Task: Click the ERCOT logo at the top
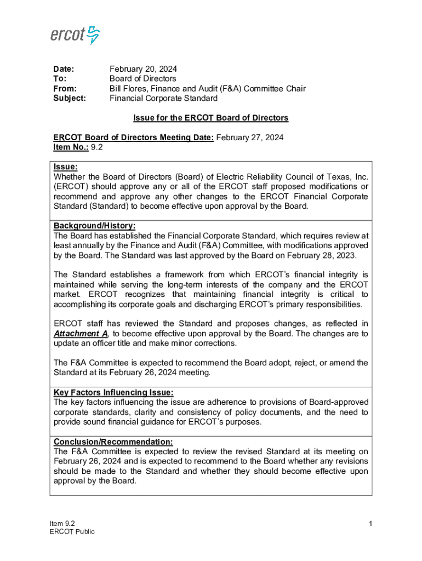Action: pyautogui.click(x=76, y=35)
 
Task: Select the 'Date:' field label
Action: pyautogui.click(x=63, y=69)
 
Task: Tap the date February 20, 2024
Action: pyautogui.click(x=143, y=69)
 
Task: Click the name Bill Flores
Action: pyautogui.click(x=129, y=89)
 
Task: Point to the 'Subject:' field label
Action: pyautogui.click(x=69, y=99)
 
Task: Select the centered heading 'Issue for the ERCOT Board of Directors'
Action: pyautogui.click(x=211, y=118)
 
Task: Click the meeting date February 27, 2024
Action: pyautogui.click(x=250, y=138)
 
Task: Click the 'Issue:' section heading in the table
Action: pyautogui.click(x=65, y=167)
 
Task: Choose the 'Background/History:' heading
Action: pyautogui.click(x=94, y=226)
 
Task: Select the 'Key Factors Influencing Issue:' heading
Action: pyautogui.click(x=113, y=392)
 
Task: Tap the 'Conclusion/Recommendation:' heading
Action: pyautogui.click(x=113, y=442)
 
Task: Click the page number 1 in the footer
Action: pyautogui.click(x=370, y=524)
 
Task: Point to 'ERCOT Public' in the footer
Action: pyautogui.click(x=72, y=531)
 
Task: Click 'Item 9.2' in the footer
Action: pyautogui.click(x=62, y=523)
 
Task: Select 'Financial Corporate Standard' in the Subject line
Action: pyautogui.click(x=163, y=99)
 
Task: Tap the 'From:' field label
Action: pyautogui.click(x=64, y=89)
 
